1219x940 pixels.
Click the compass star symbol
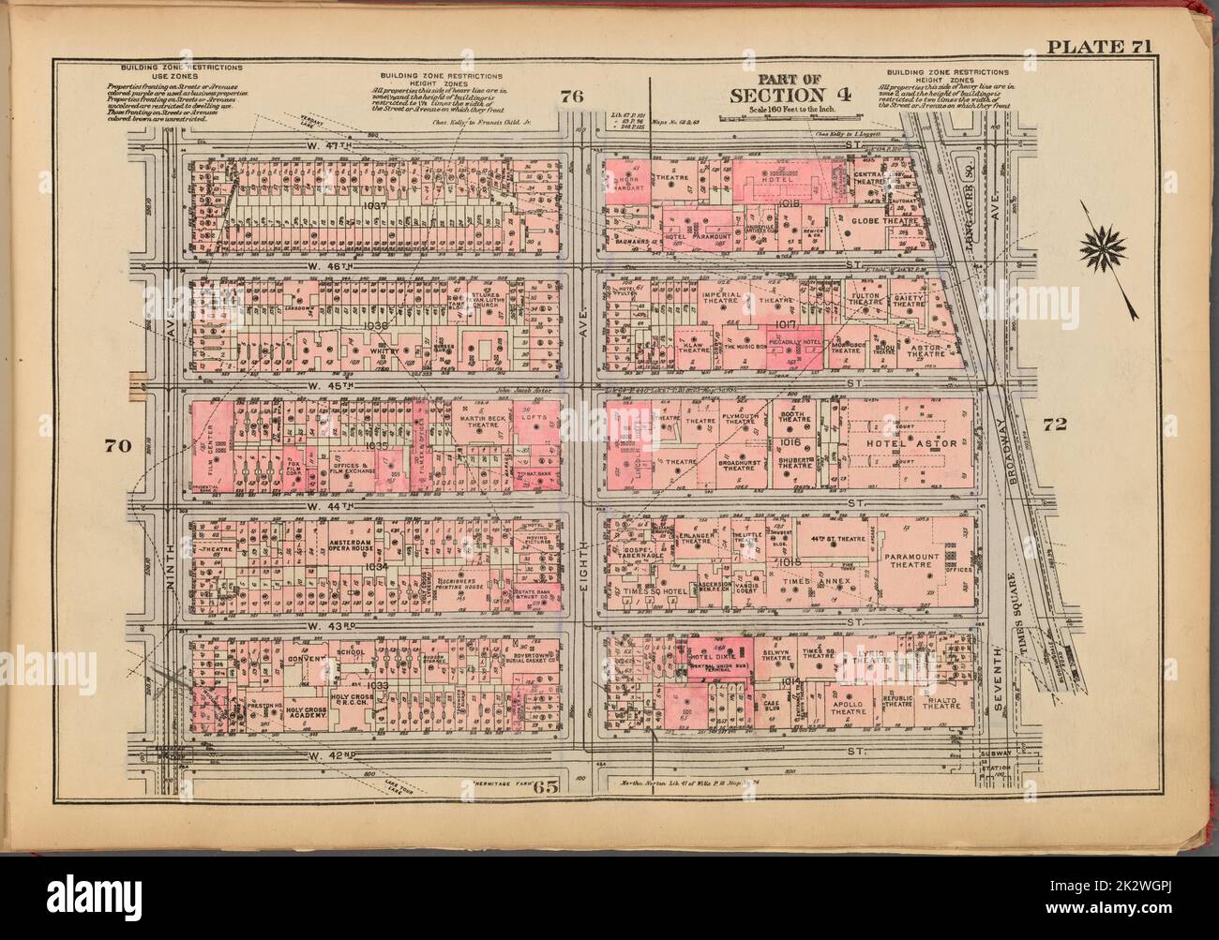point(1103,246)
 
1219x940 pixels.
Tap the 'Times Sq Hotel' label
point(649,592)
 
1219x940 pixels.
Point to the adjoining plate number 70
point(116,445)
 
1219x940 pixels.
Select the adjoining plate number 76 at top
point(573,95)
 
